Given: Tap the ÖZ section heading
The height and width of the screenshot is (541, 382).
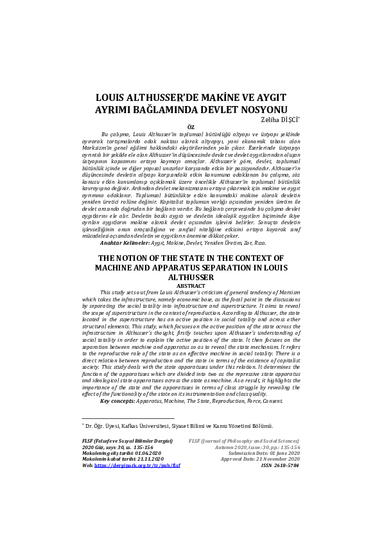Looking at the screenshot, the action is coord(190,127).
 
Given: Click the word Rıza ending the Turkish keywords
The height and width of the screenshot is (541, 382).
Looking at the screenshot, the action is coord(259,243).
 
